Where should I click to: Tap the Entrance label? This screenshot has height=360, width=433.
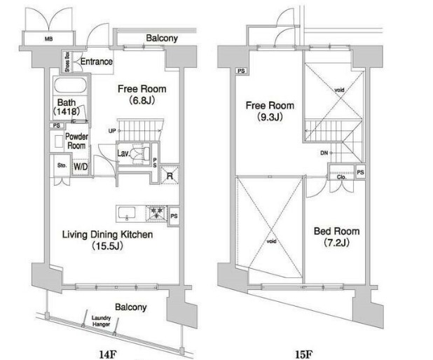click(95, 62)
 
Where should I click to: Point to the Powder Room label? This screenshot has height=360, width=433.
click(76, 141)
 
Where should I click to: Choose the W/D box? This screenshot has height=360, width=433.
click(81, 167)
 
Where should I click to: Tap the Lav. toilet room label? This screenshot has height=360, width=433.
click(122, 153)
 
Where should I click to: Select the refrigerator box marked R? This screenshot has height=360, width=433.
click(170, 175)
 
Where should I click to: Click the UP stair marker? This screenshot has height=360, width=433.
click(112, 130)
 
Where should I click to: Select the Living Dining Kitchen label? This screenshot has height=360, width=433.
click(106, 240)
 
